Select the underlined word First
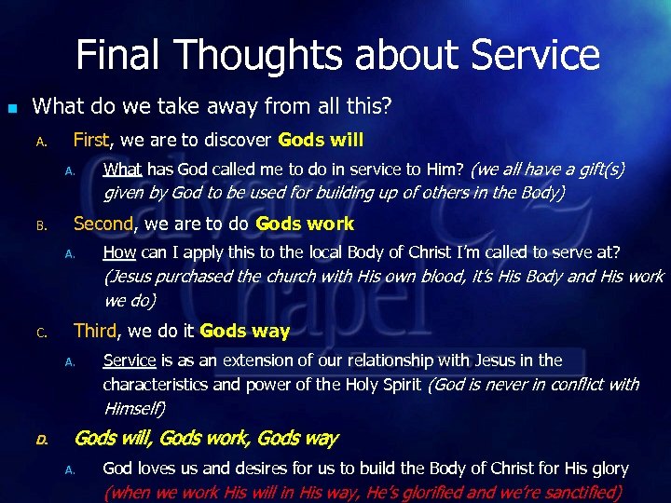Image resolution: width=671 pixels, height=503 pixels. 91,140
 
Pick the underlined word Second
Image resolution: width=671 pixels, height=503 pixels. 103,224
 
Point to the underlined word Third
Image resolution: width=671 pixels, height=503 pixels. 95,331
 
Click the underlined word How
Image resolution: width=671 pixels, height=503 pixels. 119,252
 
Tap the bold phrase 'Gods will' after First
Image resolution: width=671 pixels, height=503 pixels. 320,140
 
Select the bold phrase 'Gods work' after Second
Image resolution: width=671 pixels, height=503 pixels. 305,224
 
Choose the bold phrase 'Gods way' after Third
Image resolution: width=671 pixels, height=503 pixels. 245,331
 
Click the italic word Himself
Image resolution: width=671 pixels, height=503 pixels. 134,408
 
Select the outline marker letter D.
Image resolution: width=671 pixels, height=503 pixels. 41,439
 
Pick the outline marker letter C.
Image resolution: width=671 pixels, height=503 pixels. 41,333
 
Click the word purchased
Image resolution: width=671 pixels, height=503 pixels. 201,277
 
